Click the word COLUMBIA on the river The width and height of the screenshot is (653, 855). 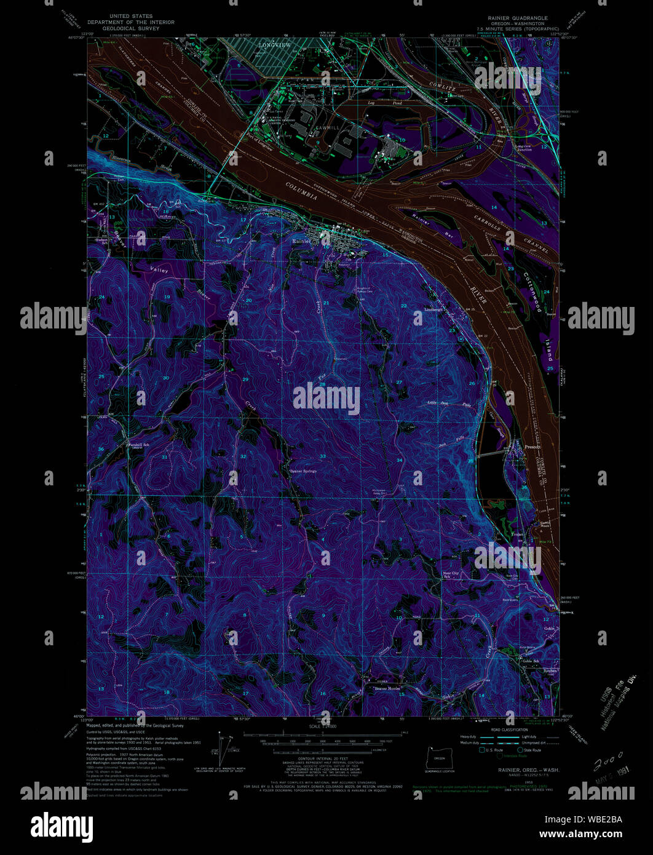301,190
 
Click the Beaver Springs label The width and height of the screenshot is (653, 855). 304,472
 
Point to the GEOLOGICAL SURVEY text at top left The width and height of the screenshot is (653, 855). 131,28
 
